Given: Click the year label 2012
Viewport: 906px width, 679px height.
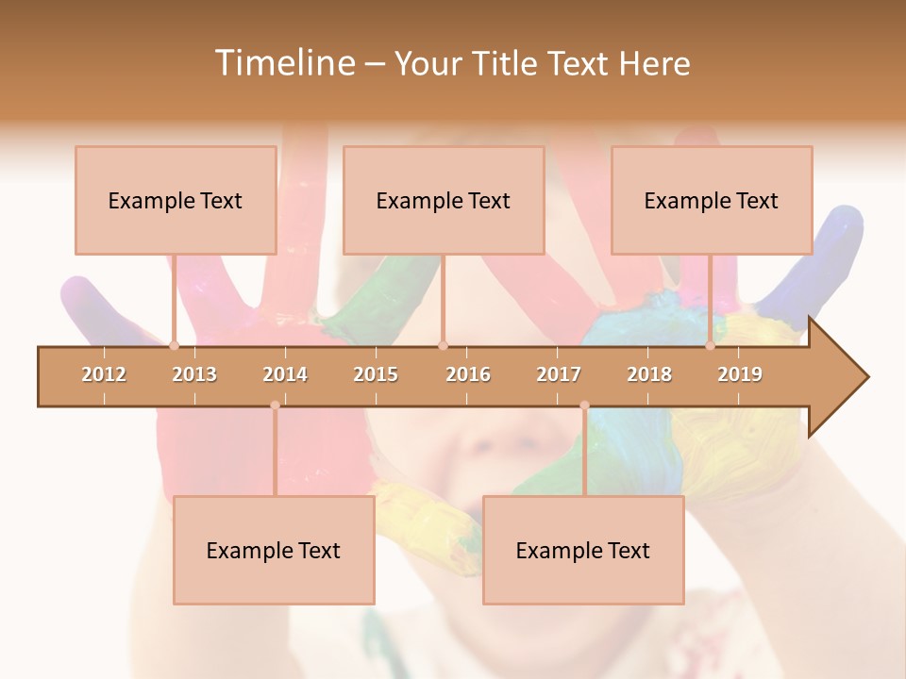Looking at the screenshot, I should (104, 374).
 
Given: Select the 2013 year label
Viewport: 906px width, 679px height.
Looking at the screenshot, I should (194, 374).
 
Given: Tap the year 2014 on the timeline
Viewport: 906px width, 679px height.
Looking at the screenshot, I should (285, 374).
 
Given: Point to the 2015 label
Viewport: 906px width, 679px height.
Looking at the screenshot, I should (376, 374).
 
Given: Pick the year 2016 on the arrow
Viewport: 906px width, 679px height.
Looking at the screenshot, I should (468, 374).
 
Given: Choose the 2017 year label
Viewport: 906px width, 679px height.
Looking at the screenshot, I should (559, 374).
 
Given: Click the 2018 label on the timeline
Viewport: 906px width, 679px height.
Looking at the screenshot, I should (649, 374).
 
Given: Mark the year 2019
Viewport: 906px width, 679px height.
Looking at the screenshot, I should (740, 374).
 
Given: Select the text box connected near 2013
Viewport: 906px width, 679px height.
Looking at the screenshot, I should (176, 200).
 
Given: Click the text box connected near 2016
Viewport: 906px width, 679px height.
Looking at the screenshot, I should (444, 200).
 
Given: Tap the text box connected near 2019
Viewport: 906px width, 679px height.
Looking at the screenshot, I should (712, 200).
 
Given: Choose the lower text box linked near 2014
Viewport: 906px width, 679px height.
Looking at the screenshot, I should (274, 550).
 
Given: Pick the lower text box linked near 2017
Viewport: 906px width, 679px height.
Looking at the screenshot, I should (583, 550).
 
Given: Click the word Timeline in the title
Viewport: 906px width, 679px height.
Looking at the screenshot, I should (283, 63).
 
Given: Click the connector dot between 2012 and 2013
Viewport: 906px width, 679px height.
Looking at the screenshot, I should (174, 346).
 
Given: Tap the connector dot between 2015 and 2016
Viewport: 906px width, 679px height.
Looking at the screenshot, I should (444, 346).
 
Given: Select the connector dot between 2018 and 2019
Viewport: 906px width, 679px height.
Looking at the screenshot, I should (711, 346).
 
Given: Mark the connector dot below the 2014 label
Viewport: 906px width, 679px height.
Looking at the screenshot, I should (275, 406).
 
